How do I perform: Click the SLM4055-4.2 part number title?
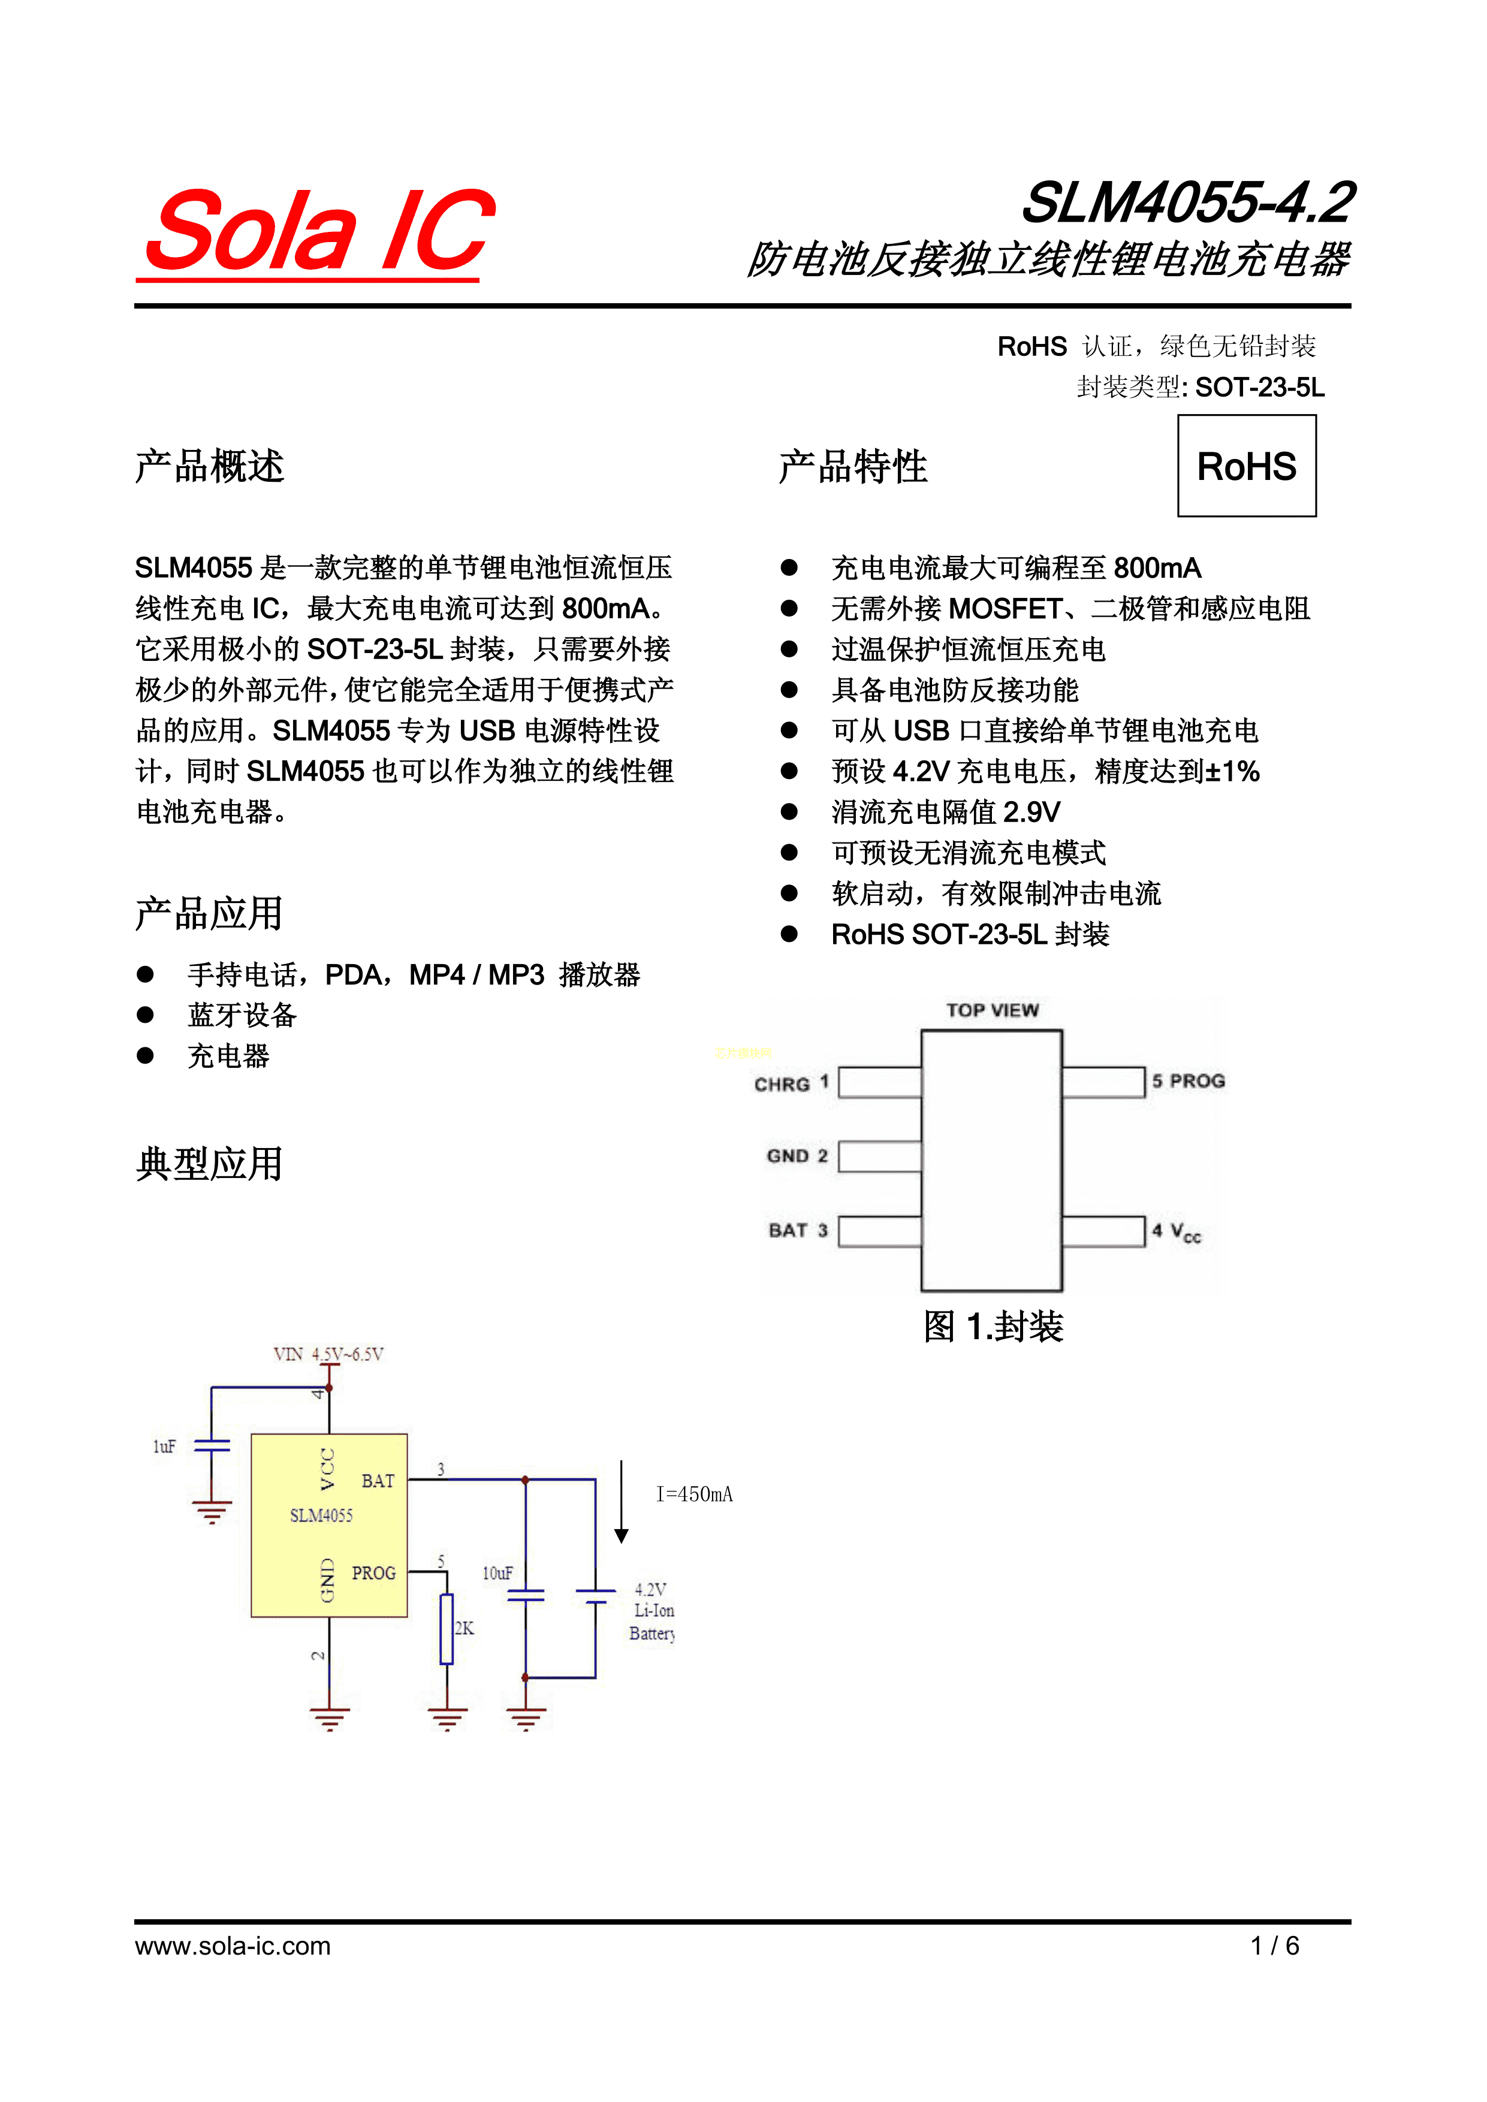(1187, 203)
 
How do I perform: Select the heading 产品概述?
(210, 466)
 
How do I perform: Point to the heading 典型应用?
(210, 1164)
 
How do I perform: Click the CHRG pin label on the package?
(783, 1084)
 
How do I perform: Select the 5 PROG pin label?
(1189, 1081)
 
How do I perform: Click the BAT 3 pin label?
(798, 1230)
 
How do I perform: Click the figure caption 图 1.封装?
(994, 1325)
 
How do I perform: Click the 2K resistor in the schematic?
(447, 1629)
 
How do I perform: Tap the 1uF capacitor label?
(164, 1446)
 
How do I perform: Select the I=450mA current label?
(694, 1494)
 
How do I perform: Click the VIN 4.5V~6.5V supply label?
(328, 1354)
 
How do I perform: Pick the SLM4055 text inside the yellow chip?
(321, 1515)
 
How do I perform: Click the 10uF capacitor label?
(497, 1573)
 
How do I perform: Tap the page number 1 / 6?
(1275, 1946)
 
